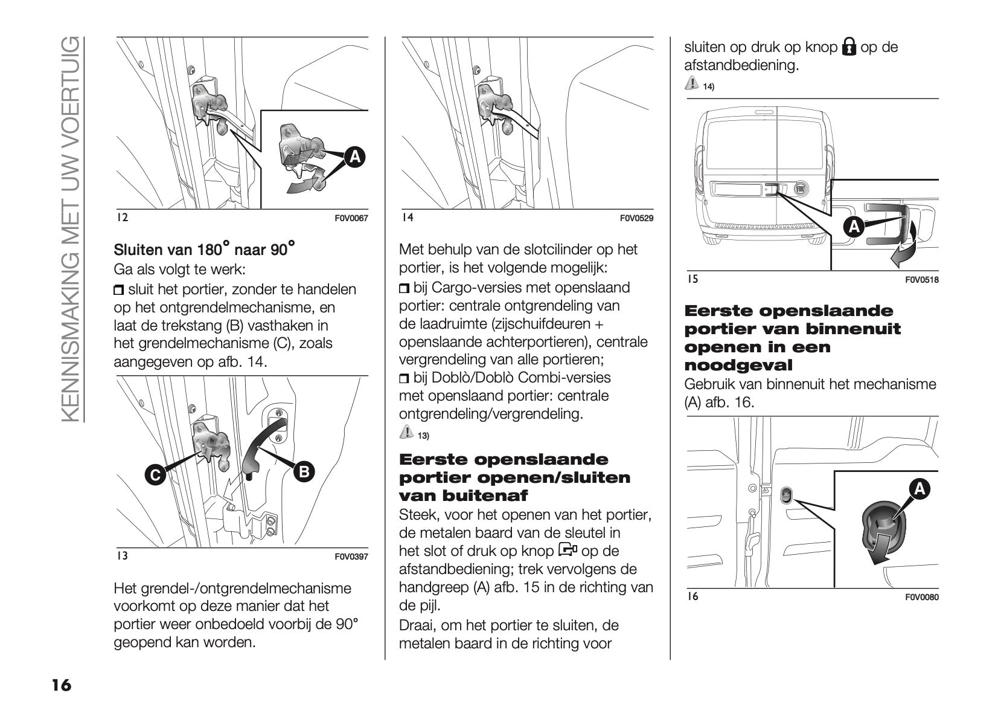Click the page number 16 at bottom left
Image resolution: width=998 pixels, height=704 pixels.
[61, 685]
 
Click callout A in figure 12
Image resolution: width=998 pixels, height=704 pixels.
[355, 157]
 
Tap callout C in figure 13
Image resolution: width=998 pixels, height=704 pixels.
[155, 475]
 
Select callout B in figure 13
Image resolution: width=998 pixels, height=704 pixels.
[304, 471]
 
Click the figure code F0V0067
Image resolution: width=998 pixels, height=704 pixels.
[351, 218]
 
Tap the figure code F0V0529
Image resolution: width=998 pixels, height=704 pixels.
[636, 218]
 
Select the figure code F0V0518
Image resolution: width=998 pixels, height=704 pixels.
[922, 280]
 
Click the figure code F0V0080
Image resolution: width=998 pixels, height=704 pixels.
[922, 598]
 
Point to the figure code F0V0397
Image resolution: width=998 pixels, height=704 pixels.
[351, 557]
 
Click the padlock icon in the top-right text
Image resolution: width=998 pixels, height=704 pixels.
[849, 47]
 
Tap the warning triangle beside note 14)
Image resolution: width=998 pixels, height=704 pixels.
[691, 84]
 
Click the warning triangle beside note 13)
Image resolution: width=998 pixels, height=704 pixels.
[406, 433]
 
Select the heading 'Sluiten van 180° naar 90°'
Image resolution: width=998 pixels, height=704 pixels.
[205, 249]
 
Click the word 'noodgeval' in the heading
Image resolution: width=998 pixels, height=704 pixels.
[738, 365]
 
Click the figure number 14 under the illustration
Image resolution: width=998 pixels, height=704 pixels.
[408, 217]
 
